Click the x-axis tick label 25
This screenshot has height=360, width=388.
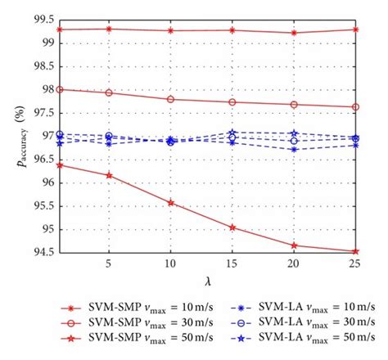pyautogui.click(x=354, y=264)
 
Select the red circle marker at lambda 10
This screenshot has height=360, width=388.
pyautogui.click(x=170, y=99)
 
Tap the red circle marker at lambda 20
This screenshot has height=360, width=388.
pyautogui.click(x=293, y=105)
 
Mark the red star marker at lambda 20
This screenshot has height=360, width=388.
pyautogui.click(x=293, y=245)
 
